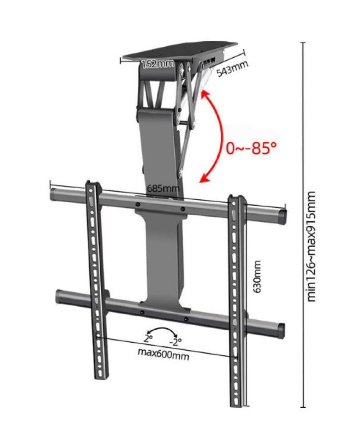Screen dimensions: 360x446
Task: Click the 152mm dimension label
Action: point(157,64)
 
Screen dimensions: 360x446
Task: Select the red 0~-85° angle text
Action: point(251,148)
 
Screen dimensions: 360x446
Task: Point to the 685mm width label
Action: point(163,189)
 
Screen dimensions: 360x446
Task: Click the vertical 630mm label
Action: point(257,277)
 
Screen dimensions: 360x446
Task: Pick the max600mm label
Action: point(164,354)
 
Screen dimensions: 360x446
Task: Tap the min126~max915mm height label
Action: point(312,246)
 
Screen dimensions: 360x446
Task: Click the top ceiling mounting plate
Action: point(178,51)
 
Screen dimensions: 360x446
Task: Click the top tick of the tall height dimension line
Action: point(303,43)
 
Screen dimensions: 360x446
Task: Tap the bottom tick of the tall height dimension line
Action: point(303,407)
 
